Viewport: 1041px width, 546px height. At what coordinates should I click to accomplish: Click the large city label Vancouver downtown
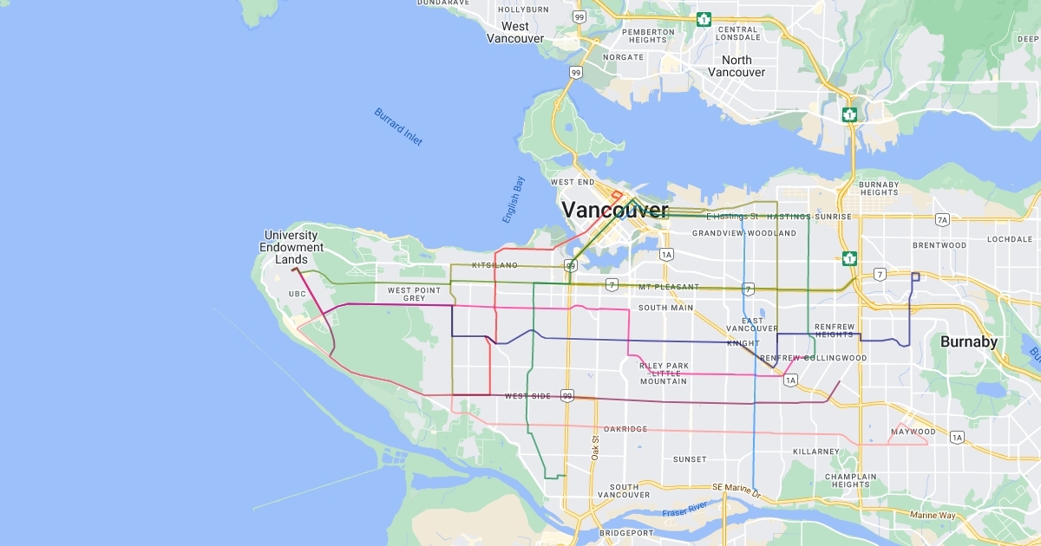point(614,211)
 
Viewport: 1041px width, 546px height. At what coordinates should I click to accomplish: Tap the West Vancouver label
point(515,33)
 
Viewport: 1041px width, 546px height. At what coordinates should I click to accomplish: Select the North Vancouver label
point(737,66)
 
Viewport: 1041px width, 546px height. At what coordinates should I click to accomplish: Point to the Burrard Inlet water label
point(398,127)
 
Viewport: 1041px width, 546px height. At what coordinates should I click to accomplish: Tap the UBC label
point(298,294)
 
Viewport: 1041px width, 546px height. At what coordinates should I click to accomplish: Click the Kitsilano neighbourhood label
point(494,265)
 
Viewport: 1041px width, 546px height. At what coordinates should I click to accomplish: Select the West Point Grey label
point(414,295)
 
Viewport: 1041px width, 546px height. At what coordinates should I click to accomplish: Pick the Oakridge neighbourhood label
point(625,429)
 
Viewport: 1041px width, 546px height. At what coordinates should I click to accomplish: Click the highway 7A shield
point(943,220)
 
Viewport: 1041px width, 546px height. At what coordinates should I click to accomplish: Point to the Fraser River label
point(685,510)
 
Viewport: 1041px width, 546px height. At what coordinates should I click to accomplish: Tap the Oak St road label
point(596,447)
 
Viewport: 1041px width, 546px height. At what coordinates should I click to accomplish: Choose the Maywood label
point(913,432)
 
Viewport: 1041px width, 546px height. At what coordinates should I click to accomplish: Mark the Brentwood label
point(940,245)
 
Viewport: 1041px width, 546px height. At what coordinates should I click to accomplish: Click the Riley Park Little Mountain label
point(664,374)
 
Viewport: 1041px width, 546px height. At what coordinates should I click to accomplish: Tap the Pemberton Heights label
point(647,36)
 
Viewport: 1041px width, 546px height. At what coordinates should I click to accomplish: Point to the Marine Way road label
point(933,516)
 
